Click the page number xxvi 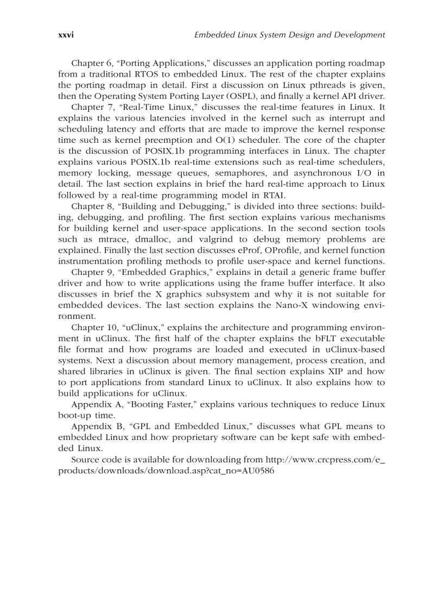tap(66, 35)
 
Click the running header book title tap(289, 35)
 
